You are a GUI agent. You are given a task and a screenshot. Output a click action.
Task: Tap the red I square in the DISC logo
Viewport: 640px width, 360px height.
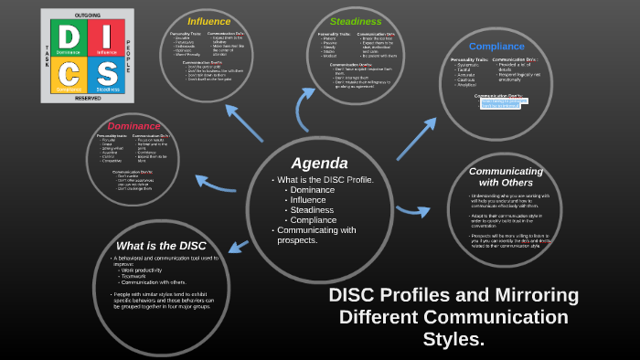coord(106,38)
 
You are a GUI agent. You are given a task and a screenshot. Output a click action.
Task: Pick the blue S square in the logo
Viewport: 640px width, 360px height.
coord(106,74)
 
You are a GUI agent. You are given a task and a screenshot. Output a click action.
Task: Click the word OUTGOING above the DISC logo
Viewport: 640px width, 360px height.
coord(87,16)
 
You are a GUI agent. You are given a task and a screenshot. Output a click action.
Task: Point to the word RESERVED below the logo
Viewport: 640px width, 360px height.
coord(87,98)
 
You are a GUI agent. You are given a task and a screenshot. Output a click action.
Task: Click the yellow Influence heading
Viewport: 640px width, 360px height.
coord(208,21)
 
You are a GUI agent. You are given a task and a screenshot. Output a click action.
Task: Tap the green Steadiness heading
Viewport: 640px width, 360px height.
coord(356,21)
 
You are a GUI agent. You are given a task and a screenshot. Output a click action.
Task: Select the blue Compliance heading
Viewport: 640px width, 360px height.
coord(496,46)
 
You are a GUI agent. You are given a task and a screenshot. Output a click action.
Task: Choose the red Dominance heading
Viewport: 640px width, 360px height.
coord(133,126)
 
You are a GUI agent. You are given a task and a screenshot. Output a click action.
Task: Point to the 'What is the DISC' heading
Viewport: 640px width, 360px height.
coord(162,245)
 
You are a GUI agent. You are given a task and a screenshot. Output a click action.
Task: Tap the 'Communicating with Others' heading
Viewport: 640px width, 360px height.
coord(499,176)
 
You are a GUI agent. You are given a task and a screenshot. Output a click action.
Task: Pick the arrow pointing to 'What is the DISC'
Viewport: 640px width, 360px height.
coord(239,245)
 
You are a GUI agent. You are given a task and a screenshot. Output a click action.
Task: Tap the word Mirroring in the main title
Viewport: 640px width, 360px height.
coord(535,295)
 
